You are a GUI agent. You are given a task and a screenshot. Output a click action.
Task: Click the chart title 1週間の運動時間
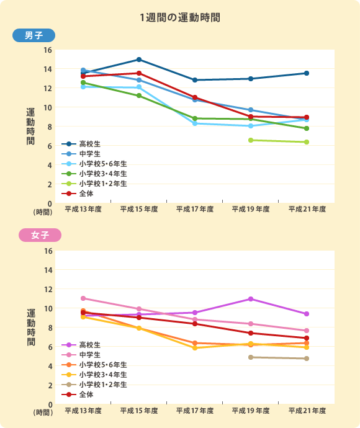coord(180,17)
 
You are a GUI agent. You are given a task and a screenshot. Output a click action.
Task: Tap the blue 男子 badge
coord(34,36)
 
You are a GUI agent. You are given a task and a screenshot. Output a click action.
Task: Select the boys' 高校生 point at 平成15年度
coord(139,60)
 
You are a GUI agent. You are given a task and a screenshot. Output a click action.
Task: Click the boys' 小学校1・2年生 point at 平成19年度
coord(251,140)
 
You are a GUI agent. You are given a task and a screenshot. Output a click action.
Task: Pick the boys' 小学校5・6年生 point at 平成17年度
coord(195,123)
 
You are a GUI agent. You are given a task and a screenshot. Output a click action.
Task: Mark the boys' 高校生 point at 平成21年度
coord(307,73)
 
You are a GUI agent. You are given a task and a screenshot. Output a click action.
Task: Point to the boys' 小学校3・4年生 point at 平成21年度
coord(307,128)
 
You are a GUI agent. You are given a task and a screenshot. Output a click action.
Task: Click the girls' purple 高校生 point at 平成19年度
coord(251,299)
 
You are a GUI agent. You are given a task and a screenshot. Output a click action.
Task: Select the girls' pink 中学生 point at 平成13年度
coord(83,298)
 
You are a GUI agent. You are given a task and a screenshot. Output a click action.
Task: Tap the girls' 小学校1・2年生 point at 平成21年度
coord(307,359)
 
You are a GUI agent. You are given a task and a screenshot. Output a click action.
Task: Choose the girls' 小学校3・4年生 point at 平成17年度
coord(195,348)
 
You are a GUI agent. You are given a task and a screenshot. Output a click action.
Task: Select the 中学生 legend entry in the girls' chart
coord(86,354)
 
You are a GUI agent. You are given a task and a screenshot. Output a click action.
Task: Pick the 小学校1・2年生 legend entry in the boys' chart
coord(97,184)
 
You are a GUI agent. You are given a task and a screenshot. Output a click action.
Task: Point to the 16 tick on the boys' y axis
coord(48,50)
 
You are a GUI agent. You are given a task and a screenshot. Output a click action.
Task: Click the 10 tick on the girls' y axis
coord(48,309)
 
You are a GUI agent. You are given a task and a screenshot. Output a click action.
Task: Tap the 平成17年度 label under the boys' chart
coord(195,209)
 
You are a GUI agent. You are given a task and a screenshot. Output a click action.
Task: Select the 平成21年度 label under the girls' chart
coord(307,411)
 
